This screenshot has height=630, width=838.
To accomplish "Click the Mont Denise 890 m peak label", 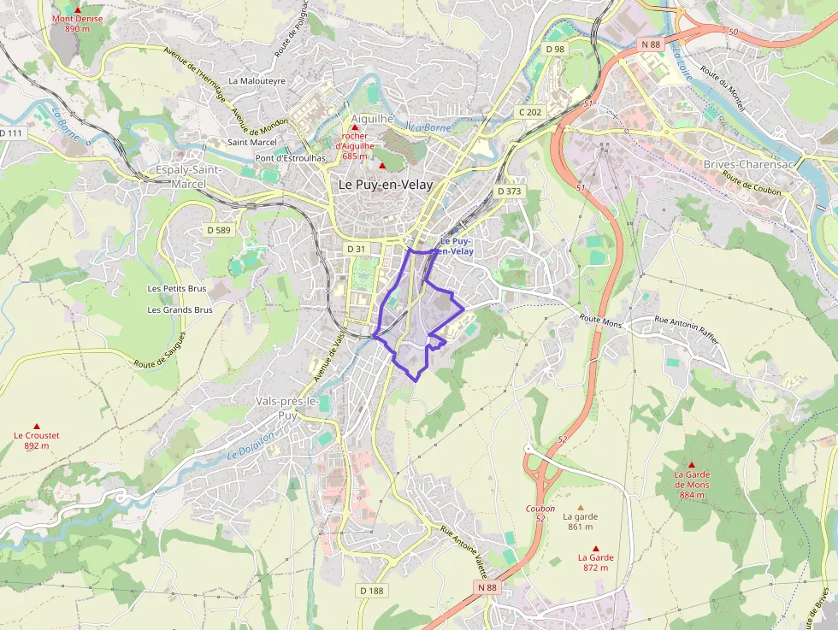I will pos(77,23).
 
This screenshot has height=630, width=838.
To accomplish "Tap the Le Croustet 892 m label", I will pos(37,440).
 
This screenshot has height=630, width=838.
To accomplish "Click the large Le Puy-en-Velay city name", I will pos(386,184).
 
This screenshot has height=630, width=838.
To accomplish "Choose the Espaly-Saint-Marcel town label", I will pos(189,176).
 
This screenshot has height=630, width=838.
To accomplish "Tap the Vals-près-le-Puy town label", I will pos(287,407).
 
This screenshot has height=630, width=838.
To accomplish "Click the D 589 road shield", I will pos(219,230).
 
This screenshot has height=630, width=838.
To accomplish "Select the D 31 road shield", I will pos(356,248).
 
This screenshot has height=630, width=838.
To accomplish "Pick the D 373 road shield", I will pos(509,191).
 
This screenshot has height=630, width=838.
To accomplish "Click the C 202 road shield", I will pos(530,112).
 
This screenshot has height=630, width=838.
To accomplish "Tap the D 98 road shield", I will pos(555,50).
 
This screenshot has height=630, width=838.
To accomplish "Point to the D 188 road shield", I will pos(372,591).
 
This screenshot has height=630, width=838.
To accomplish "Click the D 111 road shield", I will pos(11,133).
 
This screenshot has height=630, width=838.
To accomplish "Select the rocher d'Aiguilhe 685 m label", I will pos(355,146).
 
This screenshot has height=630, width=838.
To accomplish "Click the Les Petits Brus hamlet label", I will pos(177,289).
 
